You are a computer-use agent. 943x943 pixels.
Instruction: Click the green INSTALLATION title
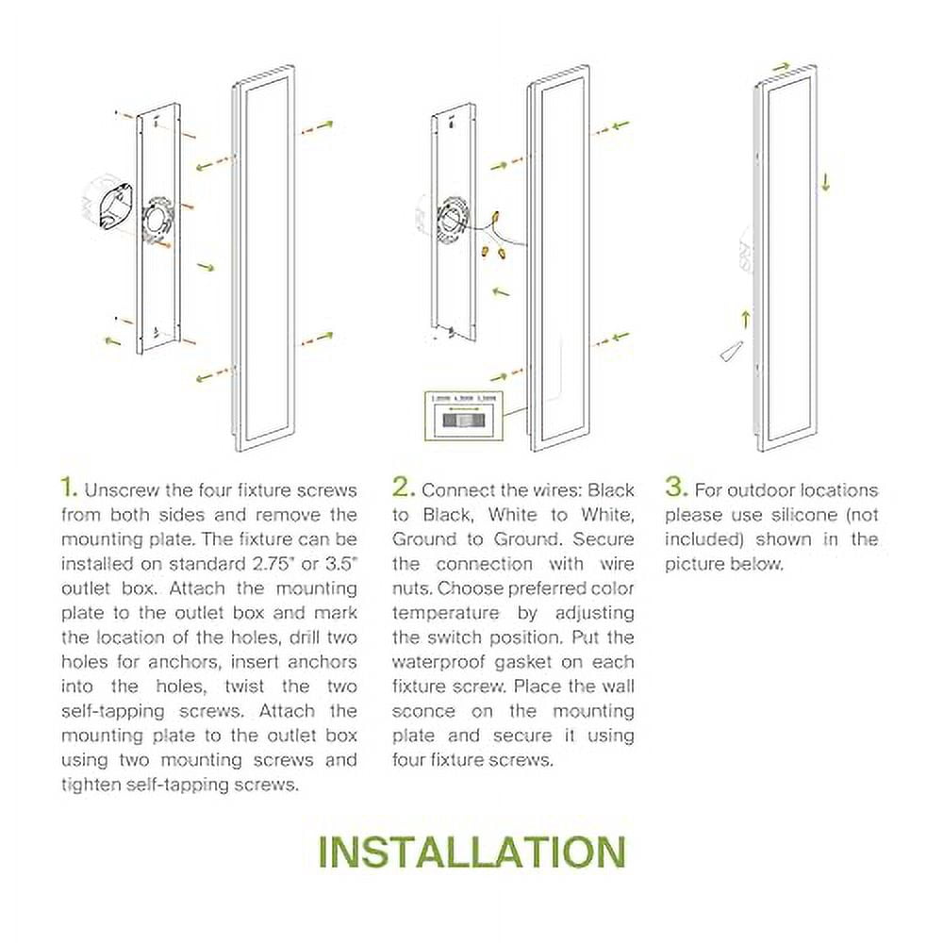[471, 852]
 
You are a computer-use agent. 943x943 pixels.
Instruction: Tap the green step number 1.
[68, 488]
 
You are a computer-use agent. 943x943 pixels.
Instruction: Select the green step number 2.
[404, 488]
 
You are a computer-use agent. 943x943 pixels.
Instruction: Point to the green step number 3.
[675, 488]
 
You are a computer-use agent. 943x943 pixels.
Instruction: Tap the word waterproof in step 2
[435, 662]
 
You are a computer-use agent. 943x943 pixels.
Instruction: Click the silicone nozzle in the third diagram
[731, 350]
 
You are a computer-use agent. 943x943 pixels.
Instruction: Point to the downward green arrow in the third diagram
[825, 180]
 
